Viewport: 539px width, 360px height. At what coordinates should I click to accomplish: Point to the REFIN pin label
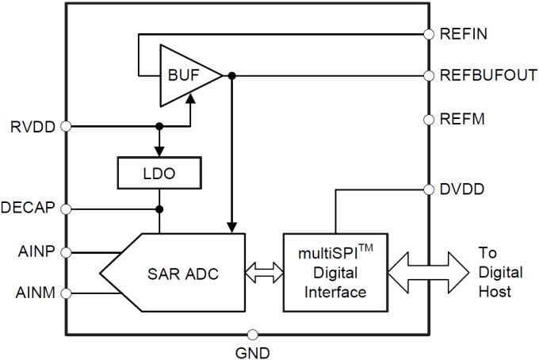[463, 34]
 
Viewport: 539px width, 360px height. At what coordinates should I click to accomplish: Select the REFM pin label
[462, 120]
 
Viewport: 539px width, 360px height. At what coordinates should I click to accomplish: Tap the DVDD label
[463, 190]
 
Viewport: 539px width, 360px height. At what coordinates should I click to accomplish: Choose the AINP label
[34, 252]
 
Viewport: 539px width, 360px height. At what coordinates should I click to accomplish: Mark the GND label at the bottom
[253, 351]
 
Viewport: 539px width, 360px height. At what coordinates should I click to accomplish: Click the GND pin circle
[253, 335]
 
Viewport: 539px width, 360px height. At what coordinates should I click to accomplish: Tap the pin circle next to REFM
[429, 120]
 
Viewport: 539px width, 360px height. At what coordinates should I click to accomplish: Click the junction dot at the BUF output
[231, 76]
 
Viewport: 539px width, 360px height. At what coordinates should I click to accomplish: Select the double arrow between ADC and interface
[264, 273]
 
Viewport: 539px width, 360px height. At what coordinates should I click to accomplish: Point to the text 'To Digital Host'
[500, 272]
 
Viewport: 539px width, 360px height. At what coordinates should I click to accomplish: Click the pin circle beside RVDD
[66, 126]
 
